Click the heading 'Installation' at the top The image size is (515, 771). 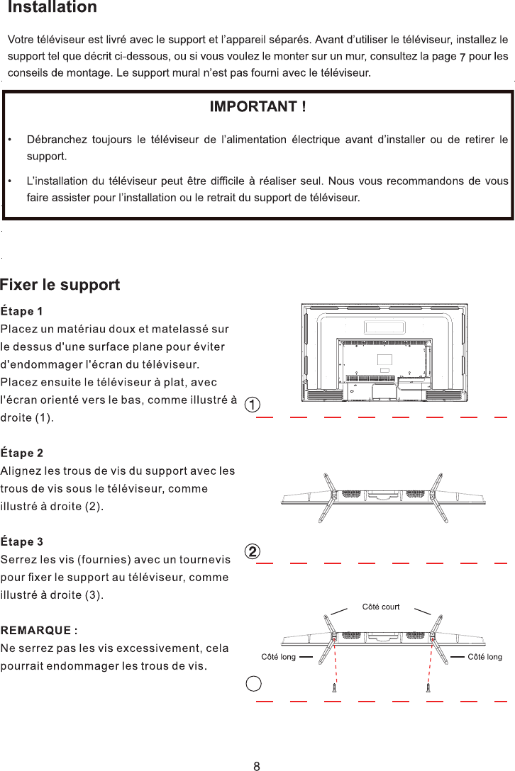tap(52, 9)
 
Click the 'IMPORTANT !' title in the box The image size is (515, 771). tap(257, 107)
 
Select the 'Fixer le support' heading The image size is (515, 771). tap(60, 285)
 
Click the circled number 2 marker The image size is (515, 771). tap(252, 551)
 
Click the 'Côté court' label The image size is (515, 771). tap(381, 607)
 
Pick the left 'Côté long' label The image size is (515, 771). tap(278, 657)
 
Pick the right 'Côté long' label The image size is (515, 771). tap(484, 657)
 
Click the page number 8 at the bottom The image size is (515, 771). tap(257, 765)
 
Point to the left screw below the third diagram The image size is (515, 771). tap(334, 687)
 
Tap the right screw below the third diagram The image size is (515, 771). tap(428, 687)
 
